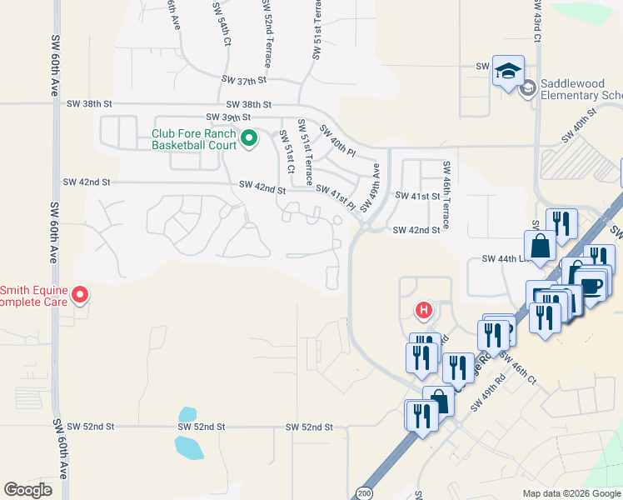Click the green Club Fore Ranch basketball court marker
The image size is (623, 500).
247,138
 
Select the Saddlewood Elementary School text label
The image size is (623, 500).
581,89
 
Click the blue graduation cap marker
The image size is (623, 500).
507,71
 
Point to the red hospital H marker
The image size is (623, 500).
424,312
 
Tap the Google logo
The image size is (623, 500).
27,490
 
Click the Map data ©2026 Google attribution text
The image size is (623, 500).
571,493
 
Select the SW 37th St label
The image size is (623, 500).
243,80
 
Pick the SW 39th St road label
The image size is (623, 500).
227,118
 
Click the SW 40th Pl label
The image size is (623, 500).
337,141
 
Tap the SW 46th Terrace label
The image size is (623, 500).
447,195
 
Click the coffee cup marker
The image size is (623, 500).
591,287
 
